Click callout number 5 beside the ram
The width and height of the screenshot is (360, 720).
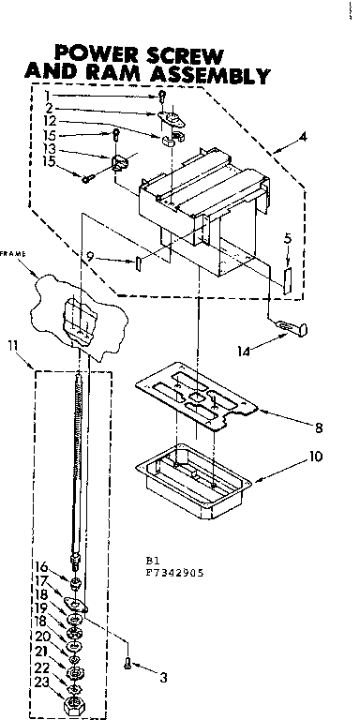pyautogui.click(x=289, y=238)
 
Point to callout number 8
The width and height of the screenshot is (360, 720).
pyautogui.click(x=319, y=427)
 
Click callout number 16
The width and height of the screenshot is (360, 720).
pyautogui.click(x=40, y=566)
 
